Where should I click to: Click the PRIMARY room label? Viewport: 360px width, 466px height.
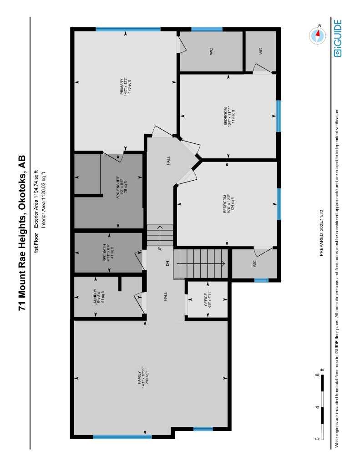pos(122,85)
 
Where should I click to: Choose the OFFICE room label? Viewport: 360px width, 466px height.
pos(207,300)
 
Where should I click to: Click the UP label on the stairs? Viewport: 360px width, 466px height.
pos(160,249)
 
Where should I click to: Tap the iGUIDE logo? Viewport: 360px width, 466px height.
pos(337,38)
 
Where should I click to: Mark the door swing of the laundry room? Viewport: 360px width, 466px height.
pos(137,302)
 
